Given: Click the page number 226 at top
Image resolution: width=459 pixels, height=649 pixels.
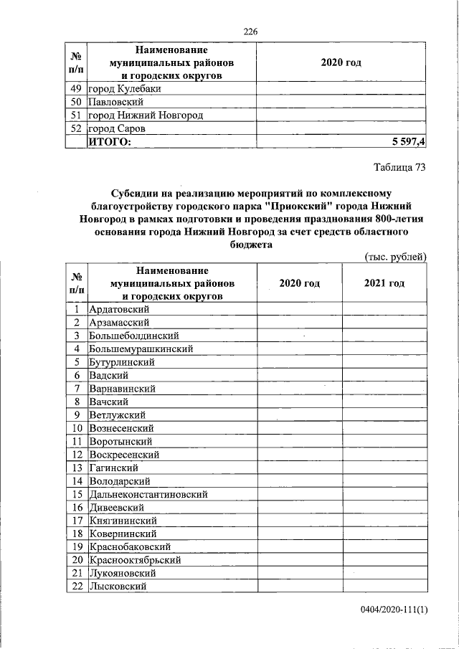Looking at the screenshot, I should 250,31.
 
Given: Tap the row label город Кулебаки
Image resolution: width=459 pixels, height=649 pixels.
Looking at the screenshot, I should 124,89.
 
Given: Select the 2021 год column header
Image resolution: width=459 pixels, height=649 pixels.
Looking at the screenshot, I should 384,283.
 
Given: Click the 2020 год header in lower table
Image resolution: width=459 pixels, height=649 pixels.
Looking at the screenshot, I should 299,283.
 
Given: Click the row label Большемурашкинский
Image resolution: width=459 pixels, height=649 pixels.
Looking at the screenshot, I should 142,349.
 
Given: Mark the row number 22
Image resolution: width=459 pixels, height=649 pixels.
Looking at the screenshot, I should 75,587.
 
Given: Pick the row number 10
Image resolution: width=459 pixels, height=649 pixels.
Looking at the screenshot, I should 75,427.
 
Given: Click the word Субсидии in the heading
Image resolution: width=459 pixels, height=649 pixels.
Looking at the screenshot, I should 135,192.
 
